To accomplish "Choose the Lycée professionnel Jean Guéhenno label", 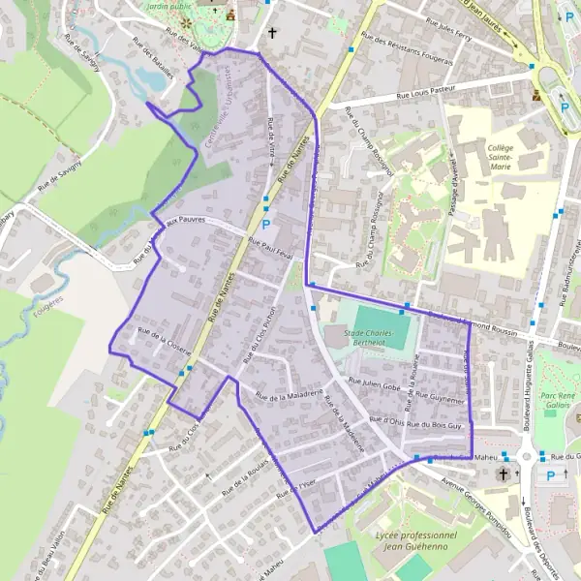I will pyautogui.click(x=414, y=541).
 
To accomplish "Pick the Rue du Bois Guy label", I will pyautogui.click(x=437, y=425).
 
